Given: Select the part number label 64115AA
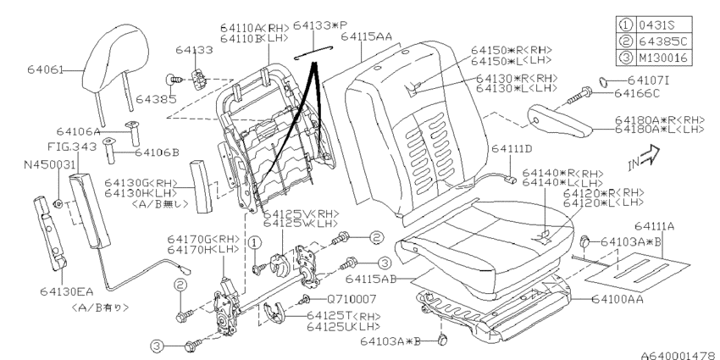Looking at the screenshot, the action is click(367, 36).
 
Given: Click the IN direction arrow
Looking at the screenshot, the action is click(644, 158).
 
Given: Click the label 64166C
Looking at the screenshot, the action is click(637, 94).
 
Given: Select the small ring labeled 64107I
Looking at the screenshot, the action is click(604, 82).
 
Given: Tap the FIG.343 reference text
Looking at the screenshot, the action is click(72, 147).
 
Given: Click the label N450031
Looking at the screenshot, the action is click(49, 164).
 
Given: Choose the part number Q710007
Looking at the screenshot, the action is click(352, 299).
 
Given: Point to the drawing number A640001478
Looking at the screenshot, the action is click(679, 355).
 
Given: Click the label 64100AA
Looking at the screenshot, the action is click(618, 299).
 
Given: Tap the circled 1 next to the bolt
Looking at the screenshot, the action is click(255, 242).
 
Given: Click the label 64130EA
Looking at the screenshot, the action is click(67, 291).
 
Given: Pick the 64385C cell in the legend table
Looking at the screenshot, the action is click(662, 42).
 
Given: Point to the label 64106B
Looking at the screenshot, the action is click(157, 152).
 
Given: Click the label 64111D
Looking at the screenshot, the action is click(512, 149).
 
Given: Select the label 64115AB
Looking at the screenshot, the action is click(371, 280).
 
